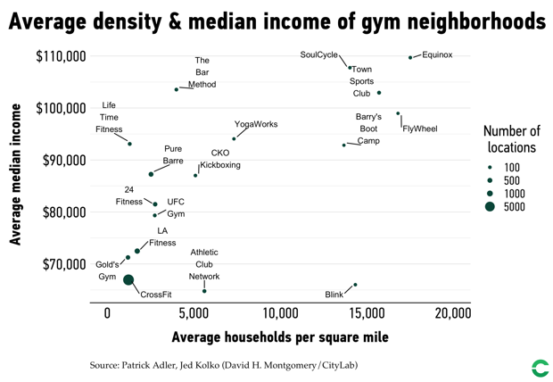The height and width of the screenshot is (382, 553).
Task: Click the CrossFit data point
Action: [x=128, y=280]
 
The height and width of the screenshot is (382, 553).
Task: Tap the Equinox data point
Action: [x=410, y=58]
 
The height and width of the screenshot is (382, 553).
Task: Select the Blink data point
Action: [x=355, y=286]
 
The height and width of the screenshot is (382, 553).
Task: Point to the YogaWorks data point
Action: [x=235, y=139]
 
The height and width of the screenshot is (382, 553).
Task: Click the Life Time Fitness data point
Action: [x=130, y=144]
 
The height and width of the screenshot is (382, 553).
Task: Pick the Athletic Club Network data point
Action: [x=204, y=291]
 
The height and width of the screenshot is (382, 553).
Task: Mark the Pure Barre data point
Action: [x=151, y=174]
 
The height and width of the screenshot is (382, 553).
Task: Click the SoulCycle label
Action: [x=318, y=55]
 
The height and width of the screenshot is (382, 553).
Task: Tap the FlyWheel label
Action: [x=420, y=129]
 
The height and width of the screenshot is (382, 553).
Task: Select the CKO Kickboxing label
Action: [x=220, y=159]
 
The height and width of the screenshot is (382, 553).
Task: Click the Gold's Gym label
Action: [x=107, y=270]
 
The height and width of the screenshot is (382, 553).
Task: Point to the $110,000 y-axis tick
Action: [x=61, y=56]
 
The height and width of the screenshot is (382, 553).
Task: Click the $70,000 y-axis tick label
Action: [x=61, y=265]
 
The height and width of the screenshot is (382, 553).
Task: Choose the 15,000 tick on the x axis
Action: [x=367, y=313]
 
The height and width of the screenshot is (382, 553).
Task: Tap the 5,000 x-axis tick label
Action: [x=194, y=313]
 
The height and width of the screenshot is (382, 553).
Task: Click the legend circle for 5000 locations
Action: [x=490, y=207]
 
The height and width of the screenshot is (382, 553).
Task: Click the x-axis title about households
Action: [x=279, y=338]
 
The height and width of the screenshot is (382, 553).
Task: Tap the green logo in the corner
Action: [x=540, y=368]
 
